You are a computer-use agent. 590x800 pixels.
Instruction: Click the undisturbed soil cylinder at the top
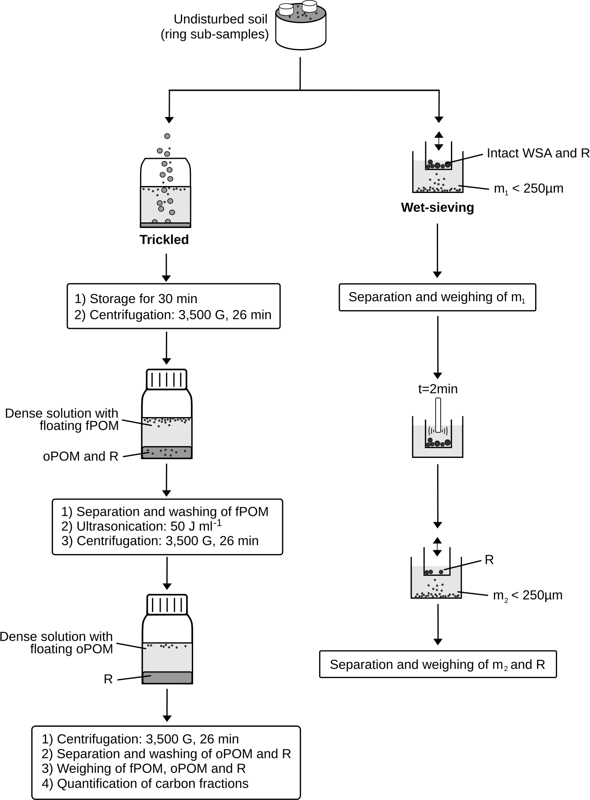coord(301,29)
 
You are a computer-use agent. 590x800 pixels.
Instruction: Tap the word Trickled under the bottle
coord(164,239)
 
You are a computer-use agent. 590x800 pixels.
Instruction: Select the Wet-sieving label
coord(437,207)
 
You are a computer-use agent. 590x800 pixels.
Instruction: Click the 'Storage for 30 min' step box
coord(173,306)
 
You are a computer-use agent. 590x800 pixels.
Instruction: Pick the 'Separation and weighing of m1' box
coord(437,297)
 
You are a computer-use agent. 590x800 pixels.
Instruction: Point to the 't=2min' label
coord(438,389)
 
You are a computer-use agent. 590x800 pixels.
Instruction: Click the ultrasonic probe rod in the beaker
coord(438,414)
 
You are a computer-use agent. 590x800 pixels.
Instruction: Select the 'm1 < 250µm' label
coord(528,189)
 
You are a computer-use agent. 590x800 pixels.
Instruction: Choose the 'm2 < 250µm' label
coord(527,596)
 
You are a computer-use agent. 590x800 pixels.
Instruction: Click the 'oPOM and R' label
coord(81,456)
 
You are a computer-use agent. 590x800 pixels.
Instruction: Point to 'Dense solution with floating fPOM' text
coord(62,419)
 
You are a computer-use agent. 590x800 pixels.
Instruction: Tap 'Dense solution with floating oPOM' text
coord(57,643)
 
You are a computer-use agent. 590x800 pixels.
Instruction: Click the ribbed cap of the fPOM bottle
coord(166,379)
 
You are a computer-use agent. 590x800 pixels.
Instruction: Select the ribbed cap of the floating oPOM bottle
coord(167,604)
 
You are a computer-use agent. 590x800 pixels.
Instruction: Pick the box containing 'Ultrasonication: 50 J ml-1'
coord(167,526)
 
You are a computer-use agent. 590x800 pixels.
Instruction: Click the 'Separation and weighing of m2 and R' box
coord(438,664)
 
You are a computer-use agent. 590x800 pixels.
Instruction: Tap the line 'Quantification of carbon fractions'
coord(145,783)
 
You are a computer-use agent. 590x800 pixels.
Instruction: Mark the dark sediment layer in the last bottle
coord(167,678)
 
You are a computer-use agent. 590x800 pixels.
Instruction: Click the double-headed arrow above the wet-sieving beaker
coord(439,141)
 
